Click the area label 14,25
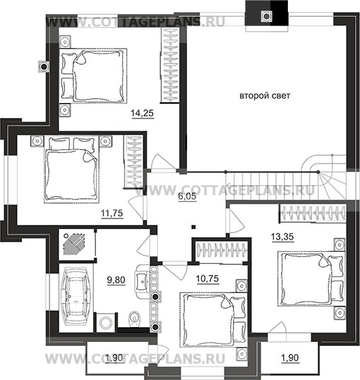[142, 113]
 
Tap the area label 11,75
[112, 213]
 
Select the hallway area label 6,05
[187, 196]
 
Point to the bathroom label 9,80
[116, 280]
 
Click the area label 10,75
[208, 278]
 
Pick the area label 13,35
[282, 237]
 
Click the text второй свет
[265, 96]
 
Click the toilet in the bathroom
[134, 319]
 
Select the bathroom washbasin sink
[142, 281]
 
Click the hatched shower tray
[74, 243]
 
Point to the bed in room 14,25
[93, 76]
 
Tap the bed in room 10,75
[213, 319]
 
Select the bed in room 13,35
[311, 279]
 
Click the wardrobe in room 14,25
[170, 65]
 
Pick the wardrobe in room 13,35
[313, 213]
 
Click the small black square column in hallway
[193, 227]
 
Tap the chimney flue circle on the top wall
[266, 16]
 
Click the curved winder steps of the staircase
[325, 177]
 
